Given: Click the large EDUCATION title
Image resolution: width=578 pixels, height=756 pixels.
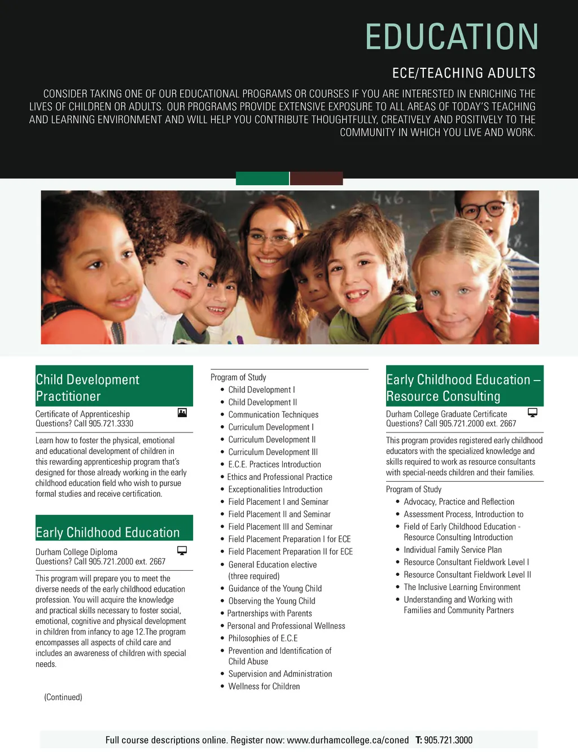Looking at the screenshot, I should [x=452, y=37].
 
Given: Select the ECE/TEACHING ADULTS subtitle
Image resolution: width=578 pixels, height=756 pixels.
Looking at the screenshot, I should [x=463, y=73].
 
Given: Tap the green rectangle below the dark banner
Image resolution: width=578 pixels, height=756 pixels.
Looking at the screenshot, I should [x=262, y=178].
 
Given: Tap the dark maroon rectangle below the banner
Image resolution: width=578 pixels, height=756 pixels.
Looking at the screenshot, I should [x=317, y=178].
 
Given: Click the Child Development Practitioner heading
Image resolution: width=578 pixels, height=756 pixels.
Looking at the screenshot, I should [x=87, y=387].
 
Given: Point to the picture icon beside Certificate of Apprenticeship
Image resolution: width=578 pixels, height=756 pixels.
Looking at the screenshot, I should [x=182, y=413].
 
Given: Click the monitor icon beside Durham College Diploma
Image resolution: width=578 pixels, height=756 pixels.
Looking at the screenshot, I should [x=182, y=550].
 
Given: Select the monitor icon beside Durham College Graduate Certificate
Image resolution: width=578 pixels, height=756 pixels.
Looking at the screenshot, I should [x=532, y=413].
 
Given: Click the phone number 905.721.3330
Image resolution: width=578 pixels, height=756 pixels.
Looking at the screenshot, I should [x=111, y=423].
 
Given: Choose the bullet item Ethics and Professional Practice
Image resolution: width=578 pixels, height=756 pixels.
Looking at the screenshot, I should [x=279, y=477].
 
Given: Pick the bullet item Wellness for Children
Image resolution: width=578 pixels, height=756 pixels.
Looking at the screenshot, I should [x=264, y=687].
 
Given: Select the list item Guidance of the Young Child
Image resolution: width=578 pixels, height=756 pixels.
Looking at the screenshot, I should [x=275, y=588].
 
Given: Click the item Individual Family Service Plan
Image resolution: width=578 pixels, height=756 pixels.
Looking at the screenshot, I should [x=452, y=550].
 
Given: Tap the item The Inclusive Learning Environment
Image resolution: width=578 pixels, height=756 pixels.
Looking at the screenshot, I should [x=462, y=587].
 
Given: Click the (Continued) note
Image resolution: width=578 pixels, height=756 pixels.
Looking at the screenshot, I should [x=63, y=697].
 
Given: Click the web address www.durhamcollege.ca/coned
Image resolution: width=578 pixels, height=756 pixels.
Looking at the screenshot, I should [x=347, y=740].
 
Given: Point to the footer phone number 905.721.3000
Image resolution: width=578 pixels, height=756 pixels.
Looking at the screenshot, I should [x=448, y=740].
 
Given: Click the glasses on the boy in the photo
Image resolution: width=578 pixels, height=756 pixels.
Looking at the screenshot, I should [x=480, y=209].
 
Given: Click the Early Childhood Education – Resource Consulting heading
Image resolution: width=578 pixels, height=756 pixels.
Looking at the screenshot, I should [x=463, y=387].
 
